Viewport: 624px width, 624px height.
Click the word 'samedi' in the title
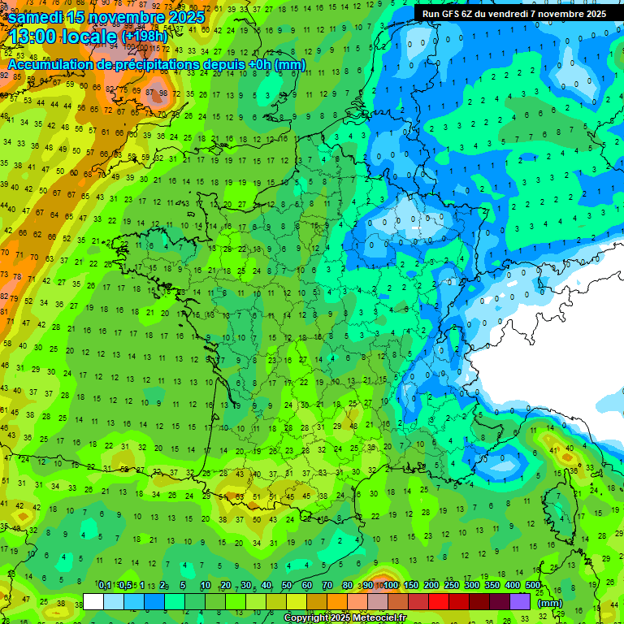[x=32, y=16]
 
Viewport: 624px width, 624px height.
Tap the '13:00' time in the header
[x=32, y=37]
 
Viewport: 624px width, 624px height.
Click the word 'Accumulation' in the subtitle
[x=50, y=64]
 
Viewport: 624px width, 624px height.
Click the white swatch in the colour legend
[x=94, y=601]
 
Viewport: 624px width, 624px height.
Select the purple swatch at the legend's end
[x=520, y=601]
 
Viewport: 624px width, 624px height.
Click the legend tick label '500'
[x=533, y=586]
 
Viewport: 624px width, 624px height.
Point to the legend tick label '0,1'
[x=105, y=586]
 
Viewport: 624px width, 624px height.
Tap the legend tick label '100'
[x=391, y=586]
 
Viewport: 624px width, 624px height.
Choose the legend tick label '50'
[x=287, y=586]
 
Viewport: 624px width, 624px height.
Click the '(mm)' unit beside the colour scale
[x=551, y=603]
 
